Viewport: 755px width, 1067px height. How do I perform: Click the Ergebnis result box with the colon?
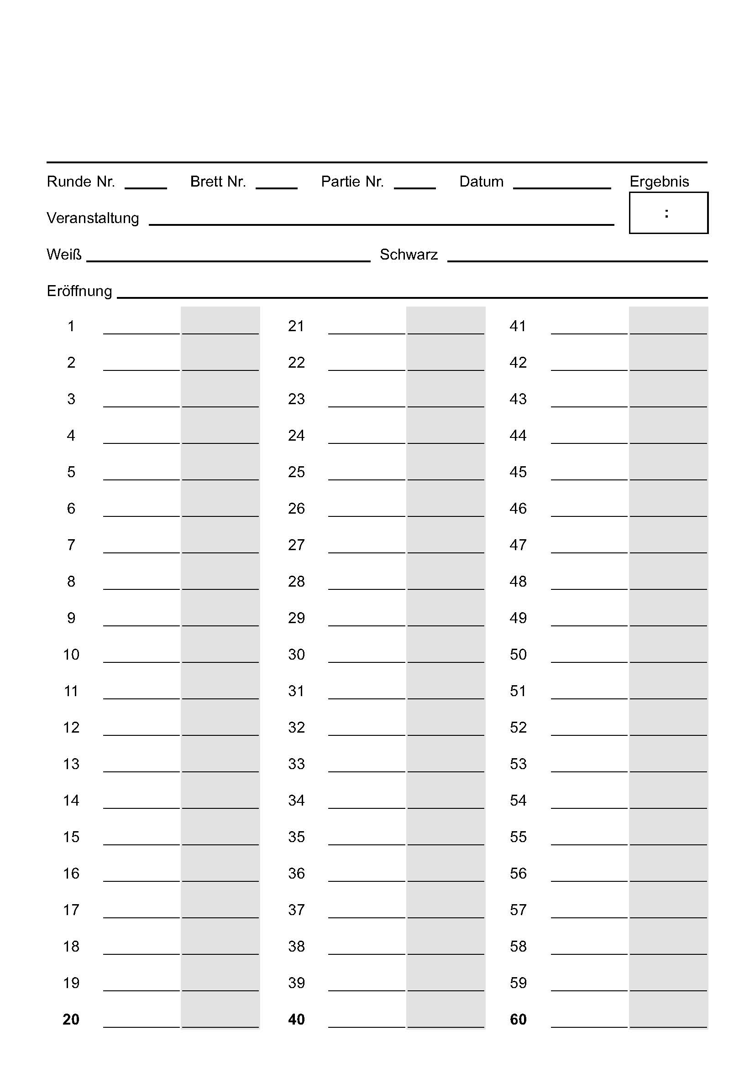pos(668,213)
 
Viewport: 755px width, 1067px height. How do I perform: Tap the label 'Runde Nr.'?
pos(81,182)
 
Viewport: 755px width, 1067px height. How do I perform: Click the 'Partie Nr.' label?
pos(352,182)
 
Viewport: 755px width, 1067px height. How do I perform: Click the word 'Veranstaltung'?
pos(93,218)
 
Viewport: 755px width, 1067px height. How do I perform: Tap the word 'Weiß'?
pos(64,255)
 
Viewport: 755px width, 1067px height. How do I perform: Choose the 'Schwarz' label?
pos(409,255)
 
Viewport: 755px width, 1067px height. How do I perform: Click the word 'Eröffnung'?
pos(79,291)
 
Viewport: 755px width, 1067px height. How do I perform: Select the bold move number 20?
pos(71,1019)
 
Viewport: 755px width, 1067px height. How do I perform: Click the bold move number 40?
pos(296,1019)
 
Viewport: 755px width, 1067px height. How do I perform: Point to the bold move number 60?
pos(518,1019)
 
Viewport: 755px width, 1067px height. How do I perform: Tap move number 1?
pos(71,326)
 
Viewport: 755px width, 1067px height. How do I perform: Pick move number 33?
pos(296,764)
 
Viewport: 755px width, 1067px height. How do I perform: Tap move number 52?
pos(518,727)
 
